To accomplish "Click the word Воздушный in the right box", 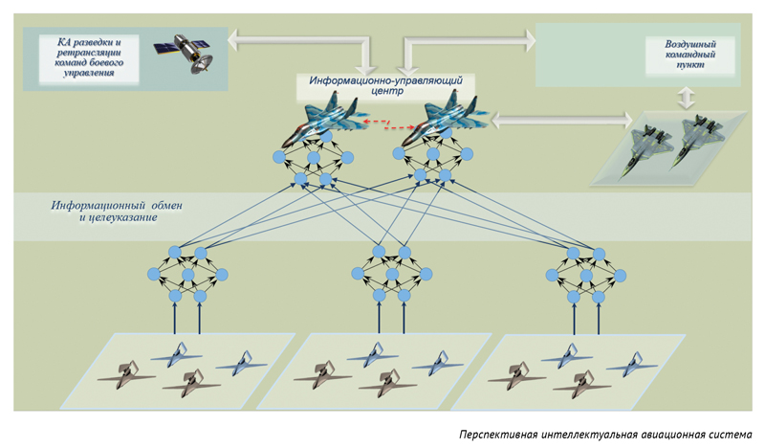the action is click(x=689, y=44).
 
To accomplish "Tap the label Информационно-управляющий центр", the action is click(x=385, y=85).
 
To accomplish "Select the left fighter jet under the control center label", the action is click(x=324, y=119).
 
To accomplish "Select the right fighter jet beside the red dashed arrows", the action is click(x=444, y=120).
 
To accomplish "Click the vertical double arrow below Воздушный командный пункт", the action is click(x=687, y=99).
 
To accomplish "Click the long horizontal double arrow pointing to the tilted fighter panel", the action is click(x=561, y=120).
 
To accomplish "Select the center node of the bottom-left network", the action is click(x=187, y=275).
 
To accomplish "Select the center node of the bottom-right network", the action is click(x=586, y=276).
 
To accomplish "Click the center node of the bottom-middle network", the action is click(x=392, y=274).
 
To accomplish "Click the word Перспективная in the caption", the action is click(x=498, y=435).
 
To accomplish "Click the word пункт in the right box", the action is click(x=690, y=64).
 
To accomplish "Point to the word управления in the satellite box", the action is click(x=89, y=73).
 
